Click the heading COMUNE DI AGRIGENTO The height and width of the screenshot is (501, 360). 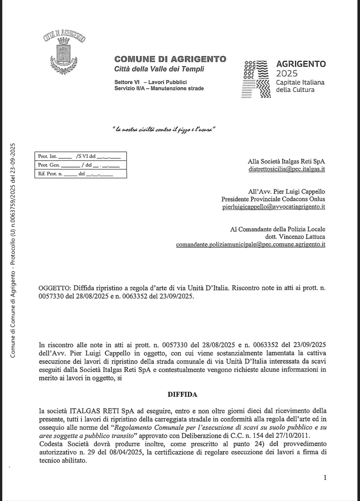click(170, 59)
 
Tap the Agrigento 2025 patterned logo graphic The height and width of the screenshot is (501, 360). click(255, 78)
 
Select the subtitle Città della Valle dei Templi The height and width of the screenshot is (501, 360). click(159, 69)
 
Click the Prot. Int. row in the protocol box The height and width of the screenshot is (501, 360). click(80, 157)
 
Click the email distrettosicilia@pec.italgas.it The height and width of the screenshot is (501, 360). click(286, 169)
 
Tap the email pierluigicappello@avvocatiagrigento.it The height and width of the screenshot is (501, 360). click(273, 207)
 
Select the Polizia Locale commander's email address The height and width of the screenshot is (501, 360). click(251, 245)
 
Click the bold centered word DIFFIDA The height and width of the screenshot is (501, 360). click(182, 395)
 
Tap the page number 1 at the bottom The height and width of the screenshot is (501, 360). click(325, 478)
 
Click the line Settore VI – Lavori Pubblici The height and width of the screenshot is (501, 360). click(150, 82)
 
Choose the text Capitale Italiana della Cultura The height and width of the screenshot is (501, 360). click(300, 86)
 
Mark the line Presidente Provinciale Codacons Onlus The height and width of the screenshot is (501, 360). click(273, 199)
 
